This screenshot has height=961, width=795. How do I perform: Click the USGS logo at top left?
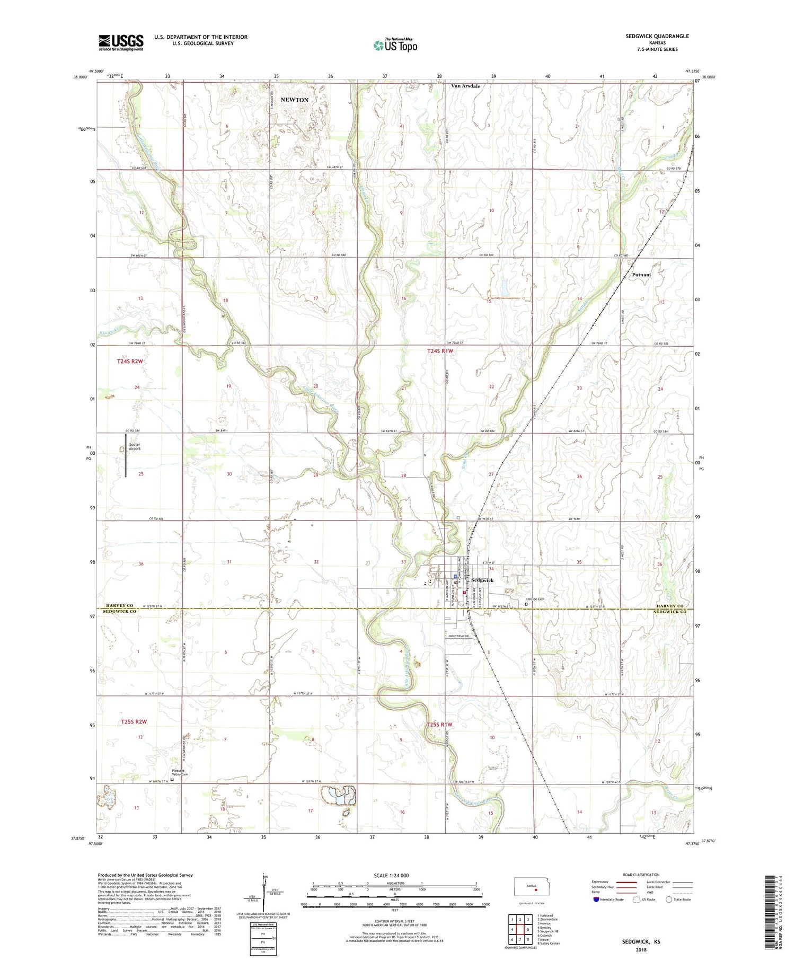(121, 42)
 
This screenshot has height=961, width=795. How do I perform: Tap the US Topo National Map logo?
(395, 45)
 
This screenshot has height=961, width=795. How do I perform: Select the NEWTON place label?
(294, 100)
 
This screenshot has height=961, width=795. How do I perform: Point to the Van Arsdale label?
(465, 85)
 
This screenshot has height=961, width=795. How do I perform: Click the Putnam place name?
(641, 275)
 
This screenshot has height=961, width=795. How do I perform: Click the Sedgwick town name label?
(482, 580)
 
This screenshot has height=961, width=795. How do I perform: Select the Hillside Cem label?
(535, 599)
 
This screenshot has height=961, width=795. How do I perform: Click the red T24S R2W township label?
(130, 361)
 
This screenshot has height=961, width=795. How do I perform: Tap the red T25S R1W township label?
(440, 725)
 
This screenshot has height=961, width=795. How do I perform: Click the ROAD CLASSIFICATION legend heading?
(641, 875)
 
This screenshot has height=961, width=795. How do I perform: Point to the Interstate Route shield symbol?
(596, 900)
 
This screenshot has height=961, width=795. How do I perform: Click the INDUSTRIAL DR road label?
(459, 636)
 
